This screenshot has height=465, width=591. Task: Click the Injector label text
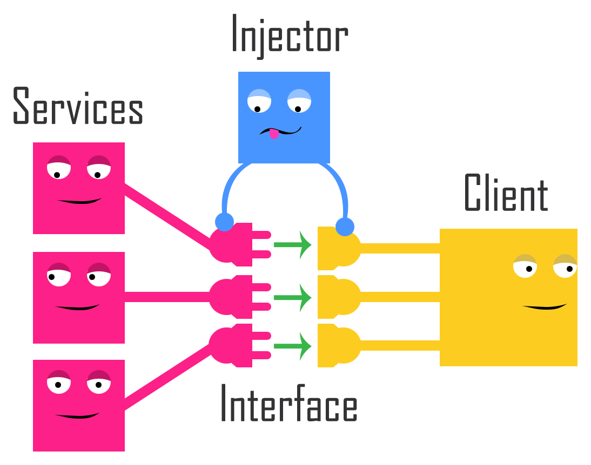click(290, 36)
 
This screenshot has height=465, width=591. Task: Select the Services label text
click(77, 106)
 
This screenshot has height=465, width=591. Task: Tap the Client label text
click(506, 193)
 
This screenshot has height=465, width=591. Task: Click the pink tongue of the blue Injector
click(274, 134)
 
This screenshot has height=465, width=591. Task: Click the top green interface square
click(293, 248)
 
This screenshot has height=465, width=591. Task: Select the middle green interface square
click(293, 297)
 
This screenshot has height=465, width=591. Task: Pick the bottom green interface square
click(293, 346)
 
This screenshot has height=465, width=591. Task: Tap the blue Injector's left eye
click(259, 101)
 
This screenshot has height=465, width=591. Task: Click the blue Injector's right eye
click(299, 101)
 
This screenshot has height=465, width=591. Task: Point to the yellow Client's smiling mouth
click(545, 307)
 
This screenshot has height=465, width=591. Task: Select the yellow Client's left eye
click(525, 266)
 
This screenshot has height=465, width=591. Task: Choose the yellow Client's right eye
click(565, 266)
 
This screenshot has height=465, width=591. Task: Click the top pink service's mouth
click(79, 201)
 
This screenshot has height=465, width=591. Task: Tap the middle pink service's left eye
click(59, 275)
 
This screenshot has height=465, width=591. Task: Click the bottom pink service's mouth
click(77, 416)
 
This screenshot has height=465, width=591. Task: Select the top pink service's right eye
click(99, 168)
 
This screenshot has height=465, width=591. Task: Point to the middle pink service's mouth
click(77, 307)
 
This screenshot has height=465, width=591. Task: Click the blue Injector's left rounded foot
click(224, 222)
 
